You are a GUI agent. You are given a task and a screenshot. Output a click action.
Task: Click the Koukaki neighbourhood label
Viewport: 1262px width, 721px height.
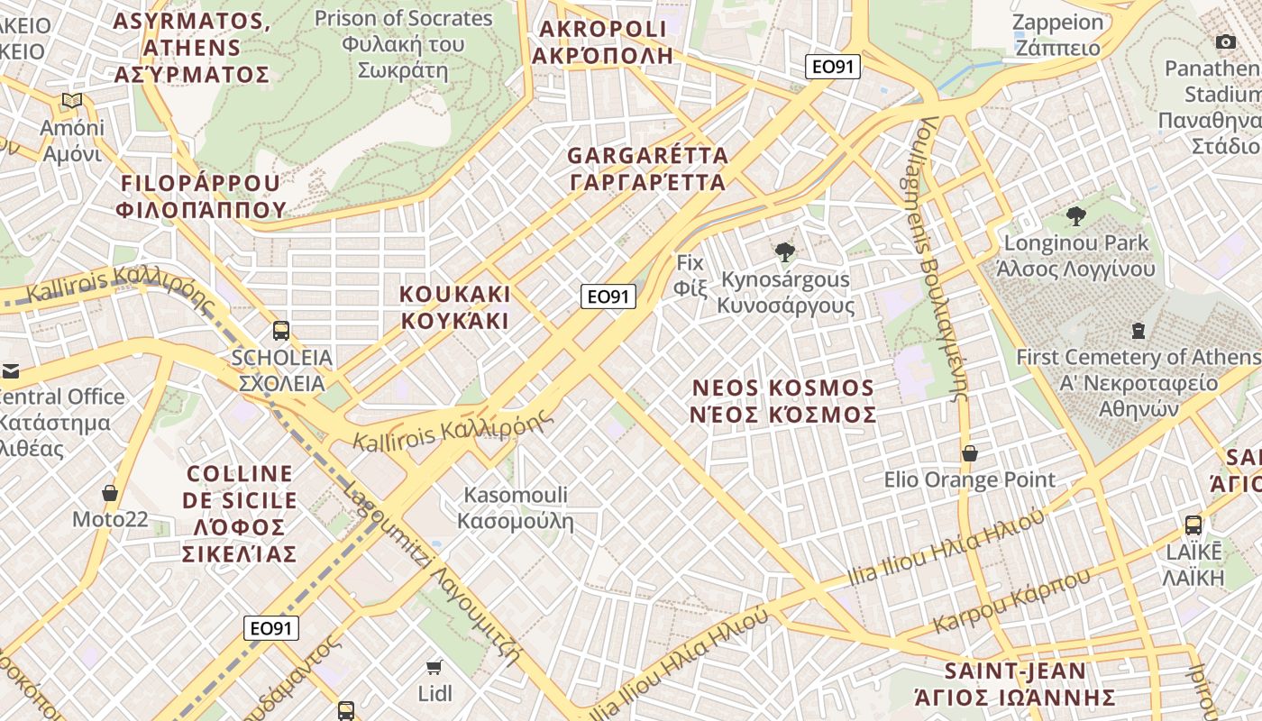coord(455,307)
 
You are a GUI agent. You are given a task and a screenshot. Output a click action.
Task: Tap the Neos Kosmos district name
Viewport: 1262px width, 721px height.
coord(783,401)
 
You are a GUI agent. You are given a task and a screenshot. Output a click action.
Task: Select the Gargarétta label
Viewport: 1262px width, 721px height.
coord(647,169)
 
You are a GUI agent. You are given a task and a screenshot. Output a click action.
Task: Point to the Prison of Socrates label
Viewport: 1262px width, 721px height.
coord(403,44)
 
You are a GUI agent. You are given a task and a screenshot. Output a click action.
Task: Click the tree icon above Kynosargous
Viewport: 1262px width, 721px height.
coord(785,252)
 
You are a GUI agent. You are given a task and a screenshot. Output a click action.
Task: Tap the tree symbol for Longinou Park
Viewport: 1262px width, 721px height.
coord(1075,215)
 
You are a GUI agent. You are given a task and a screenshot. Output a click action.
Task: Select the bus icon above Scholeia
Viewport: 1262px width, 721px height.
coord(281,331)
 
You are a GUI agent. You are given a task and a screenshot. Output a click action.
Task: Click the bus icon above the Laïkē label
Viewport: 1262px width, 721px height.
coord(1193,525)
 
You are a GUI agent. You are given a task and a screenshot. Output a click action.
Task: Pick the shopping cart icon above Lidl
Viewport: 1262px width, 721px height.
coord(434,667)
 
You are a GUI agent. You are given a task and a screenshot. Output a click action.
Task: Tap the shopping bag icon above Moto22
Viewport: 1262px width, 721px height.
coord(110,493)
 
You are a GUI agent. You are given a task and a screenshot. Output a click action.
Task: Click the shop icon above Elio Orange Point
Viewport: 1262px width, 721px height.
coord(970,452)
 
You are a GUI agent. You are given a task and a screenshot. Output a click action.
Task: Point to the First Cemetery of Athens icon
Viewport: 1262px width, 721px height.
coord(1139,331)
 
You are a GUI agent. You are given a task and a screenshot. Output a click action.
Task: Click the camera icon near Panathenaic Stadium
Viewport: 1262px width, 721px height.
coord(1226,41)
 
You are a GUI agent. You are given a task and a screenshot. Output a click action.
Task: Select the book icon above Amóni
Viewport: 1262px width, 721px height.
coord(72,101)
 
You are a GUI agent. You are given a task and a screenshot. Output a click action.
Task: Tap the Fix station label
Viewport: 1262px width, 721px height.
coord(690,275)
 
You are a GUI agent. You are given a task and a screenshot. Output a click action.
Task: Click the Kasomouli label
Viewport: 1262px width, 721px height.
coord(516,507)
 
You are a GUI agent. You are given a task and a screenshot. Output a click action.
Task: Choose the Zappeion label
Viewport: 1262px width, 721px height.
coord(1057,35)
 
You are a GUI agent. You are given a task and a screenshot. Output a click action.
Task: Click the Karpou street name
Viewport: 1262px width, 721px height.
coord(1011,599)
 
